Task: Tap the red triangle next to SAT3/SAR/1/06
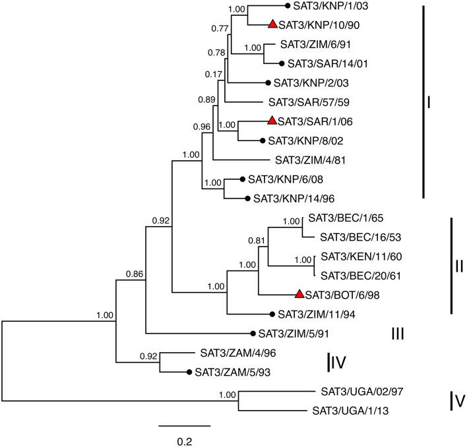point(272,121)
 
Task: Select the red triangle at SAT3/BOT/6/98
point(299,294)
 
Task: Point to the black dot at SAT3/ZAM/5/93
point(189,372)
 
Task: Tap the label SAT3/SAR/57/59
point(303,103)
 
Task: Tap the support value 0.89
point(208,100)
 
